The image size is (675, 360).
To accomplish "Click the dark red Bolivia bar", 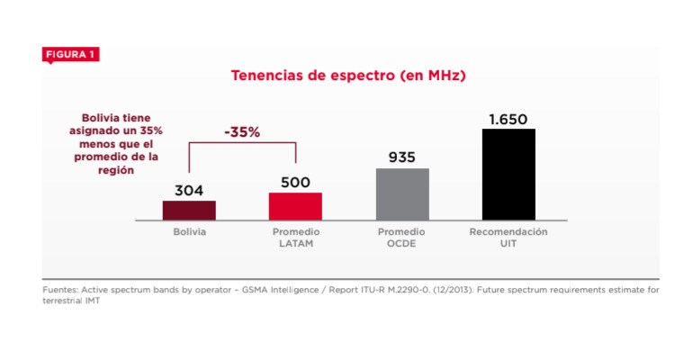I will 189,210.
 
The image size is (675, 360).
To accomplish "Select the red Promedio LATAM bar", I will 295,206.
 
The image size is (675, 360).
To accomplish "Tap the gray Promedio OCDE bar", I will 401,193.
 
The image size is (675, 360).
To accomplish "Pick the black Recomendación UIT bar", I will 508,174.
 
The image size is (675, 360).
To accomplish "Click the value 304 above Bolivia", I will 189,190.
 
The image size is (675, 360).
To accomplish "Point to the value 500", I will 295,182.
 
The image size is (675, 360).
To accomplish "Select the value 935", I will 401,157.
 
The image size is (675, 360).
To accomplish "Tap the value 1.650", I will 508,119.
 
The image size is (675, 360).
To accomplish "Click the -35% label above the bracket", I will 242,131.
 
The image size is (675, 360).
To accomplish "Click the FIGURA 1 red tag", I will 70,55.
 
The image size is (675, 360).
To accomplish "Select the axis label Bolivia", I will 190,231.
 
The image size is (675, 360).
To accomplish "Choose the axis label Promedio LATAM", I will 296,237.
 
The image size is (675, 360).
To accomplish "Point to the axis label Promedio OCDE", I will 401,237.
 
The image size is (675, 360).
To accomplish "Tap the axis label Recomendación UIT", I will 508,237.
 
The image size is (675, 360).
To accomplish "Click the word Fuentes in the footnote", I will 59,290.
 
